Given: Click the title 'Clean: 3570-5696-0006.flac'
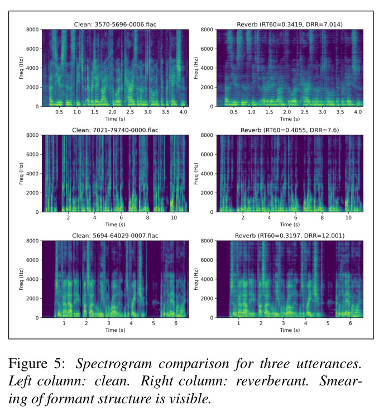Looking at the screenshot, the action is click(x=115, y=25).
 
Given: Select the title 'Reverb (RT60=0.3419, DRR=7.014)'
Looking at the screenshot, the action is click(x=290, y=25).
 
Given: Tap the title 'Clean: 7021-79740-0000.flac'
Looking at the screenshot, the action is click(x=115, y=130).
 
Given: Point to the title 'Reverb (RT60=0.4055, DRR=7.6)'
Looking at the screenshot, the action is click(x=290, y=130).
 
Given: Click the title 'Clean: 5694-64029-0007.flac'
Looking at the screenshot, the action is click(x=115, y=236).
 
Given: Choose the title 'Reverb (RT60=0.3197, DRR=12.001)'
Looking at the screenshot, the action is click(x=290, y=236).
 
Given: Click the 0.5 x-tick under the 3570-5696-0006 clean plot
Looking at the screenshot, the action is click(x=59, y=112).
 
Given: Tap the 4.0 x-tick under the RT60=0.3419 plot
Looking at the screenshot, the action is click(x=358, y=112).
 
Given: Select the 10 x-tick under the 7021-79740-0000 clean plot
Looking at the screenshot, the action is click(x=174, y=217).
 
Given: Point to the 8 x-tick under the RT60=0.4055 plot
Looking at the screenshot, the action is click(x=322, y=217).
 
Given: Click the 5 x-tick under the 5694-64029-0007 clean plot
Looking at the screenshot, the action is click(x=153, y=323).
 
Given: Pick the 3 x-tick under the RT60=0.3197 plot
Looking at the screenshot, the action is click(x=283, y=323).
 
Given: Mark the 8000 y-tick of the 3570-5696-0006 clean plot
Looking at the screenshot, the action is click(x=32, y=30).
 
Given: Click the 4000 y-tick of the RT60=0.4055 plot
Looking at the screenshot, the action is click(x=207, y=174).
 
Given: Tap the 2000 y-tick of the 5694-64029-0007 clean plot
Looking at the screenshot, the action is click(x=32, y=298).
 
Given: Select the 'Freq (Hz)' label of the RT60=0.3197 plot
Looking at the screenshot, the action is click(x=196, y=279).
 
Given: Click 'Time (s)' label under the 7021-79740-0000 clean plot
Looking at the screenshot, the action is click(x=116, y=225).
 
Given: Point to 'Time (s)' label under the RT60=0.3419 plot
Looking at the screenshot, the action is click(x=290, y=119).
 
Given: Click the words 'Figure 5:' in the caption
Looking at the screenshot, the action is click(x=37, y=364).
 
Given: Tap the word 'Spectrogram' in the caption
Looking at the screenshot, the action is click(x=114, y=364).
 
